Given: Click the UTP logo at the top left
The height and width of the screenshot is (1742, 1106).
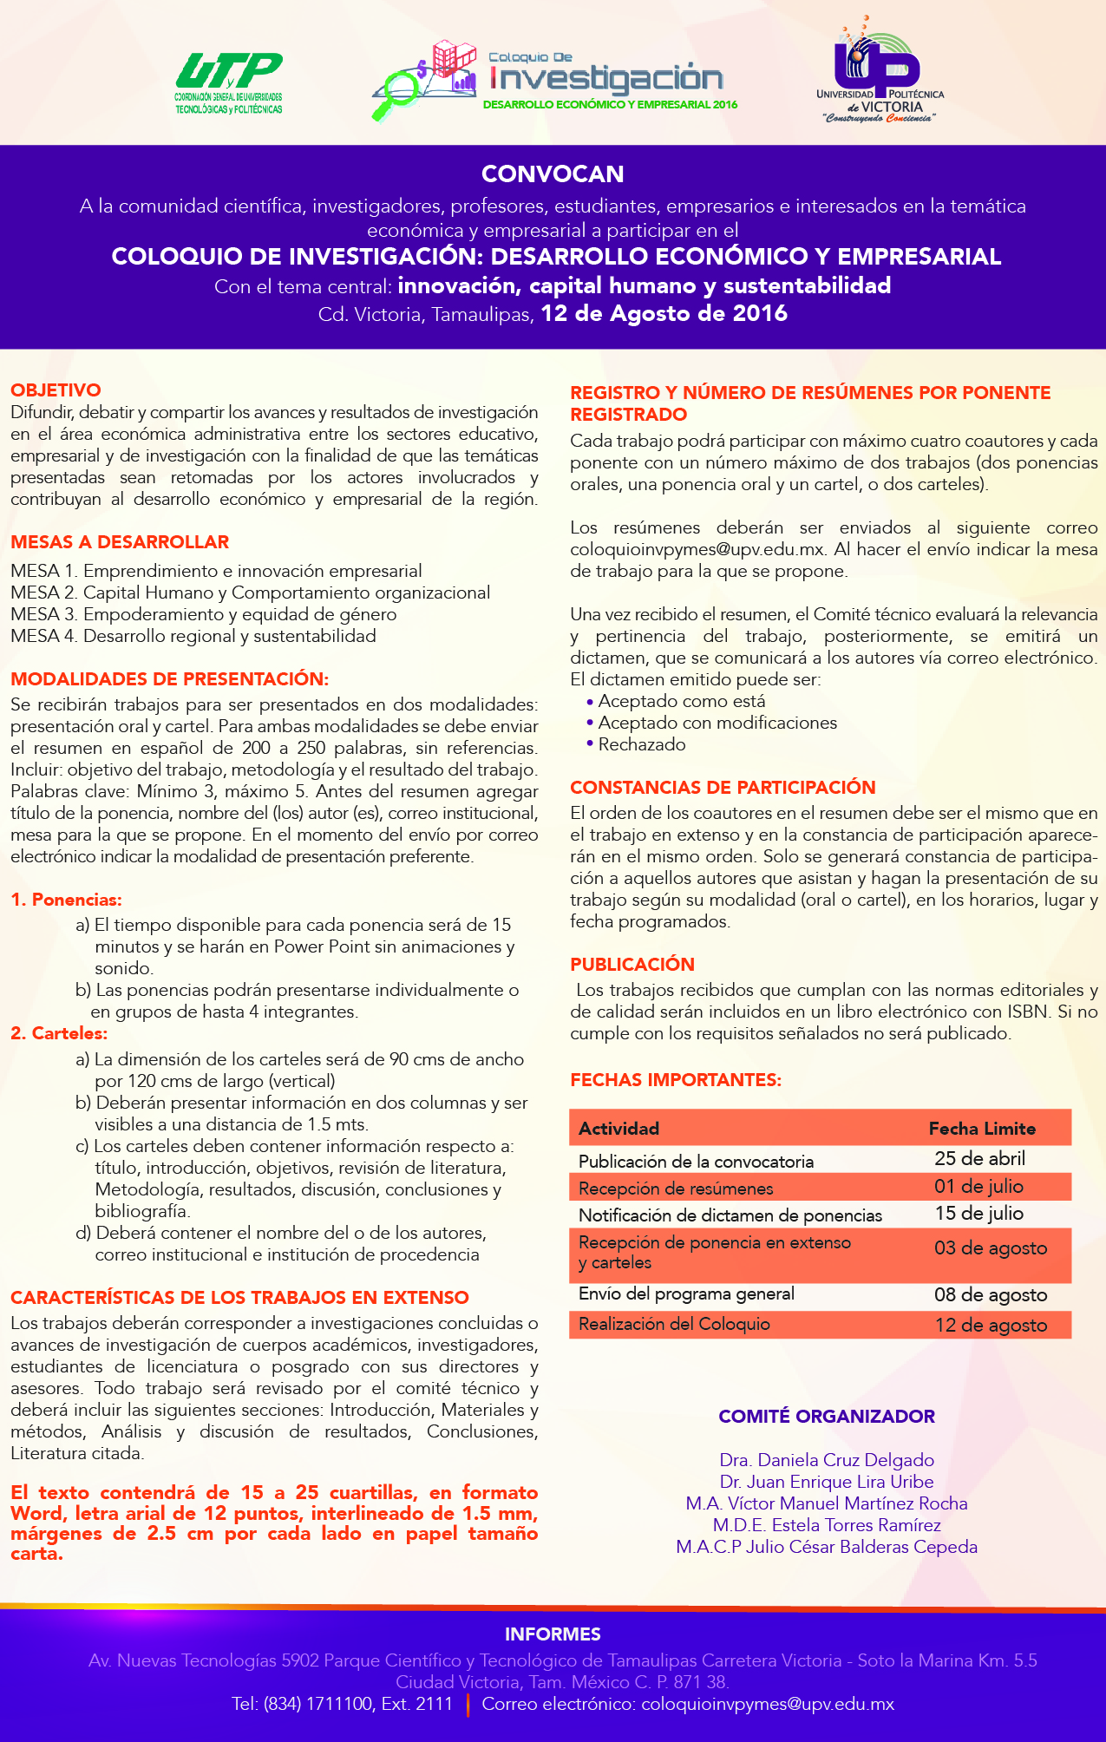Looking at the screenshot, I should tap(229, 82).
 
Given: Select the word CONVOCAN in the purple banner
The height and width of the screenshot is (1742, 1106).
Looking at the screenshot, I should tap(553, 174).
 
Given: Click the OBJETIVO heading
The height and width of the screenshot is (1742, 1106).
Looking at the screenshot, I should tap(56, 390).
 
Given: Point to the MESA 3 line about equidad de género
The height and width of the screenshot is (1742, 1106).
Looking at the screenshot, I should tap(204, 614).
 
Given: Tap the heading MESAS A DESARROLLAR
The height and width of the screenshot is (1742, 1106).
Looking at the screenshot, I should tap(120, 542).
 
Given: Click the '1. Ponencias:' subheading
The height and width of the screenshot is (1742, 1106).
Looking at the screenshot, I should tap(66, 900).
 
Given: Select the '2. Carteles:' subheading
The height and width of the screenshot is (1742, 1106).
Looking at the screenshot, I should tap(59, 1033).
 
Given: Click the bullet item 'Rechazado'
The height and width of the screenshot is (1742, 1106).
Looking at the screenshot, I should tap(641, 744).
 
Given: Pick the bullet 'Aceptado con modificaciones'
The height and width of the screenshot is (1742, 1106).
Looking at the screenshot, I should tap(717, 723).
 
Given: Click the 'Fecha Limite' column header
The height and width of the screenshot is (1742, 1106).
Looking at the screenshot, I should tap(982, 1129).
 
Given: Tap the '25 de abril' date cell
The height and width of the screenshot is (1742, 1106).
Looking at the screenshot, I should tap(979, 1159).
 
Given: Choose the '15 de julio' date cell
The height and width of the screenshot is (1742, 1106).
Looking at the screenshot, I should tap(978, 1214).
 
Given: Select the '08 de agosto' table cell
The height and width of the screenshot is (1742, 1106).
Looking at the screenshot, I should tap(991, 1295).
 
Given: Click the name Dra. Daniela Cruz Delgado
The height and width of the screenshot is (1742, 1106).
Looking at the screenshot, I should tap(827, 1460).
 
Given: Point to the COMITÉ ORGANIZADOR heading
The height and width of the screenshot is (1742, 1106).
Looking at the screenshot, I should tap(827, 1417).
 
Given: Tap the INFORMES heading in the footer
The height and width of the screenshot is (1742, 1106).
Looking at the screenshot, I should tap(553, 1634).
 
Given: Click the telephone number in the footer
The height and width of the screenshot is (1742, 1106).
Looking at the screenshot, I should tap(342, 1704).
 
